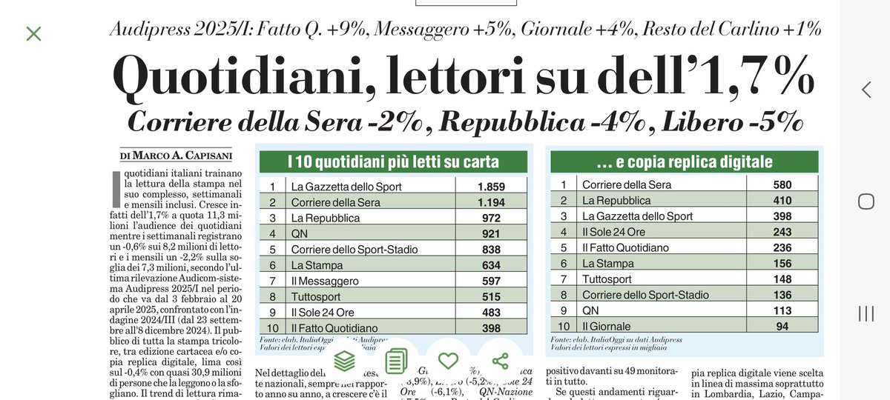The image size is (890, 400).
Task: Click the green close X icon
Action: point(33,33)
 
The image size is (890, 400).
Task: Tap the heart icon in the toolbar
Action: point(448,361)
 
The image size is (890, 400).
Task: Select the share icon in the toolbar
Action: point(500,361)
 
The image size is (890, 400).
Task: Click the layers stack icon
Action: point(344,361)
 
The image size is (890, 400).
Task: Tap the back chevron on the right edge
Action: point(866,90)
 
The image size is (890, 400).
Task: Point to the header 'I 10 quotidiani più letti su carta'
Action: point(393,161)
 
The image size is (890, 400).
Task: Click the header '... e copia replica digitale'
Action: point(684,161)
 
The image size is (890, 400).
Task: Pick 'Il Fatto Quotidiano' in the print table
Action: point(334,328)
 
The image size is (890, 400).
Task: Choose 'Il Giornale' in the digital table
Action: point(606,326)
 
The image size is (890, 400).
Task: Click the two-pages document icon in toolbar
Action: point(396,361)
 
